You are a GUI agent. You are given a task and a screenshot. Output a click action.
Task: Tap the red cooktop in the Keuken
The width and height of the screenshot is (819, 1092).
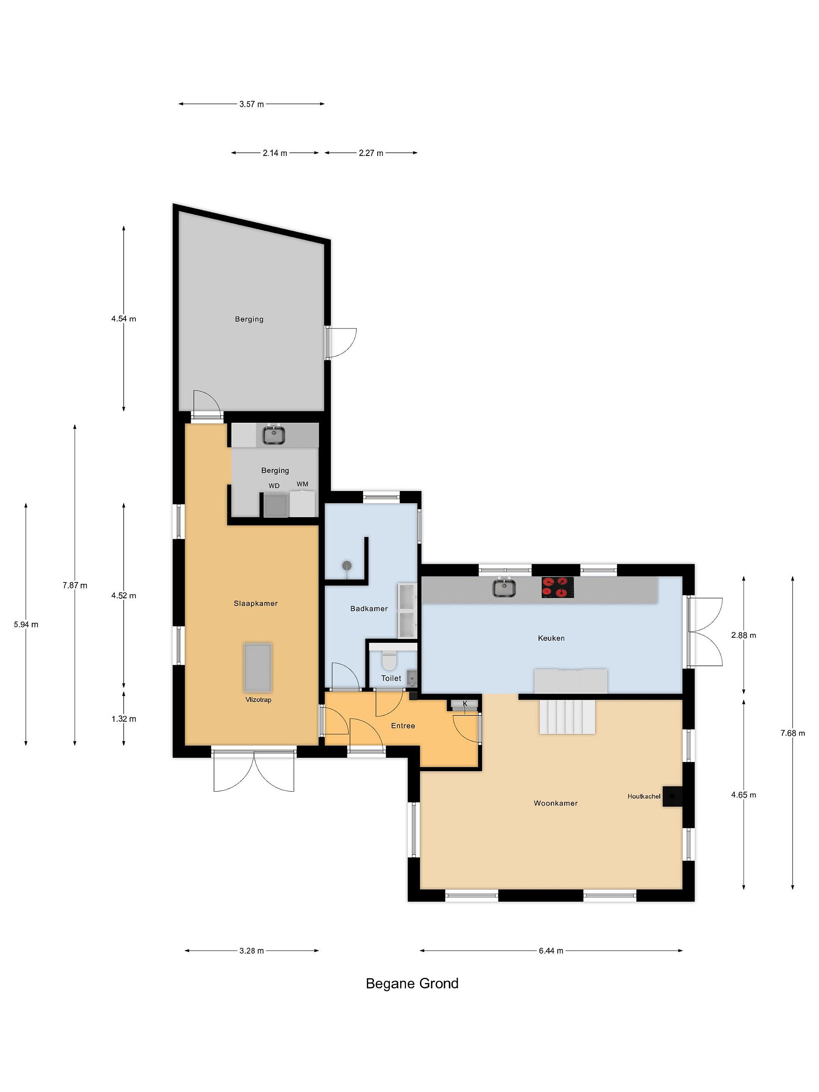[557, 587]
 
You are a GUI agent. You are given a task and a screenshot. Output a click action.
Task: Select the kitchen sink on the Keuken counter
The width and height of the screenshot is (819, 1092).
[504, 587]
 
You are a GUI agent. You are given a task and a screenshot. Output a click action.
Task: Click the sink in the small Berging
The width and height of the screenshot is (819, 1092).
[273, 435]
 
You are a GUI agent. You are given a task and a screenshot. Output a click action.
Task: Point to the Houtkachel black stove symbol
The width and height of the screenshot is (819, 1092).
[672, 796]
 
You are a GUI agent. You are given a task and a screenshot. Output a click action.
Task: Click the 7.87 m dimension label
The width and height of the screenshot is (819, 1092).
[75, 585]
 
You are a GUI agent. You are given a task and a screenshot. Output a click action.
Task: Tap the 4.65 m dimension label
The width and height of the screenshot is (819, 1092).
[744, 795]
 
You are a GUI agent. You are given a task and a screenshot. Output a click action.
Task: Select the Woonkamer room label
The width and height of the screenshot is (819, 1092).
[555, 803]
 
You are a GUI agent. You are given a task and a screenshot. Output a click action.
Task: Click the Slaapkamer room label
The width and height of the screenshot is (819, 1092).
[256, 603]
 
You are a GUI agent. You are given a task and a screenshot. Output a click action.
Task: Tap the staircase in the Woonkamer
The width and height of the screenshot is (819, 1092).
[567, 718]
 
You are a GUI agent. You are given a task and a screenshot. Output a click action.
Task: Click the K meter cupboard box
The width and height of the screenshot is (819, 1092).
[464, 703]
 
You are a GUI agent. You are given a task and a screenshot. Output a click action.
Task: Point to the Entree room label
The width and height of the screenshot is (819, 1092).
[403, 726]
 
